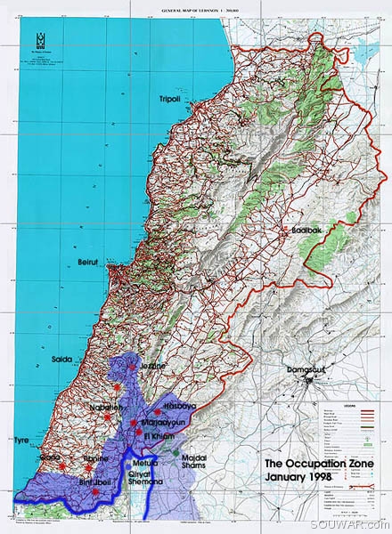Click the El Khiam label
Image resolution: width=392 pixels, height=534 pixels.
(159, 437)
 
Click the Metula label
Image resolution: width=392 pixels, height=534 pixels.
(144, 464)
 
